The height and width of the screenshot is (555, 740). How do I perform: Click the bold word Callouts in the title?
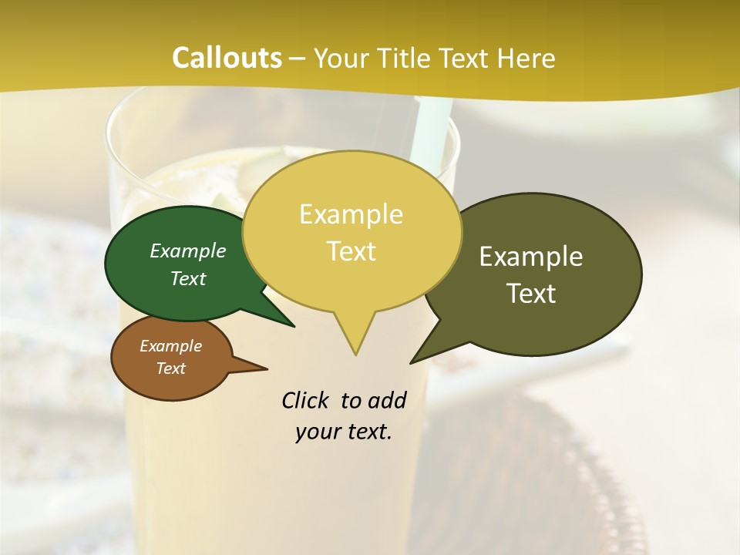pos(227,58)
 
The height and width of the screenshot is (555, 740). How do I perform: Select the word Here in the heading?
pos(523,59)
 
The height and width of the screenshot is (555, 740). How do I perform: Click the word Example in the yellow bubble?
pos(351,214)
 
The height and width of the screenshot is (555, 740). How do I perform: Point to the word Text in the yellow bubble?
pos(351,251)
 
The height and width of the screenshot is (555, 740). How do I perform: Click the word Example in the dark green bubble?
pos(188,251)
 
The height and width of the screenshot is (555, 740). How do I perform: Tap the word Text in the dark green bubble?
pos(188,278)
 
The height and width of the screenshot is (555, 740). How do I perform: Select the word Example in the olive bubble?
pos(531,257)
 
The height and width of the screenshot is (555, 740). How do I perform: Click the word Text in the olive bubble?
pos(531,293)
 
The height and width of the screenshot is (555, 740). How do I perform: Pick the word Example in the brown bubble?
pos(170,346)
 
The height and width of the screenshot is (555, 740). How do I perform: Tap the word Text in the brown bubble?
pos(170,368)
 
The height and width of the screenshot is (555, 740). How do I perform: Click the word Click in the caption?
pos(305,401)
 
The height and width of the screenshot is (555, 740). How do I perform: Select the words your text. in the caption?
pos(343,432)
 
